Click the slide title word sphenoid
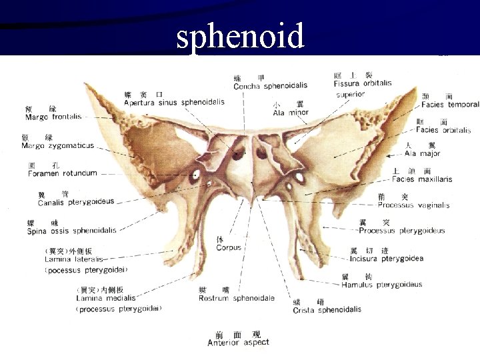[x=240, y=36]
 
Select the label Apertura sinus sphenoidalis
[x=174, y=102]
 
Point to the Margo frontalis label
[x=53, y=117]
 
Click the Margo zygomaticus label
[x=57, y=145]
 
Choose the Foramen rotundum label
[x=62, y=173]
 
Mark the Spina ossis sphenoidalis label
[x=71, y=231]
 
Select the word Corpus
[x=229, y=248]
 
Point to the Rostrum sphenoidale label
[x=236, y=298]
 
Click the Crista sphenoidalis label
[x=327, y=310]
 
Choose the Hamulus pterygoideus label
[x=381, y=285]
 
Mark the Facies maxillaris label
[x=422, y=179]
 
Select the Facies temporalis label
[x=450, y=105]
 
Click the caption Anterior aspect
[x=238, y=343]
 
